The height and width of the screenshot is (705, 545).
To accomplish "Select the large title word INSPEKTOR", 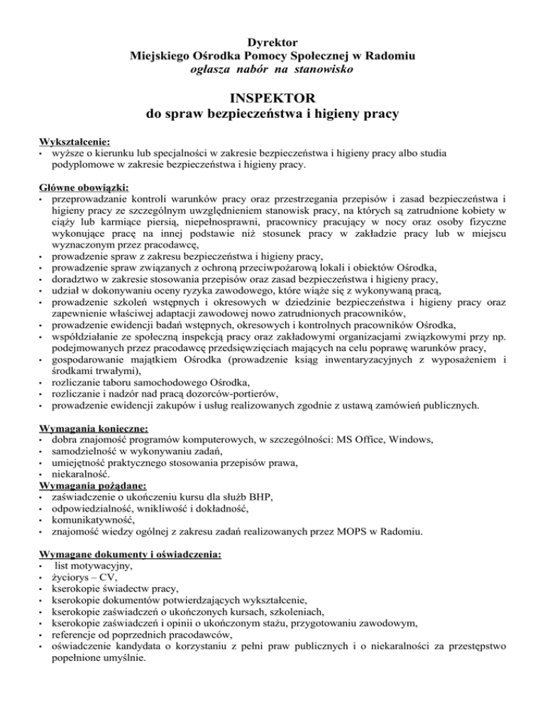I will (x=273, y=95).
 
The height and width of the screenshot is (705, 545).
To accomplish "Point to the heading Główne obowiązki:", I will (x=84, y=187).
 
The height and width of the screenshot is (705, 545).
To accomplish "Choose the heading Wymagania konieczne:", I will (x=94, y=428).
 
